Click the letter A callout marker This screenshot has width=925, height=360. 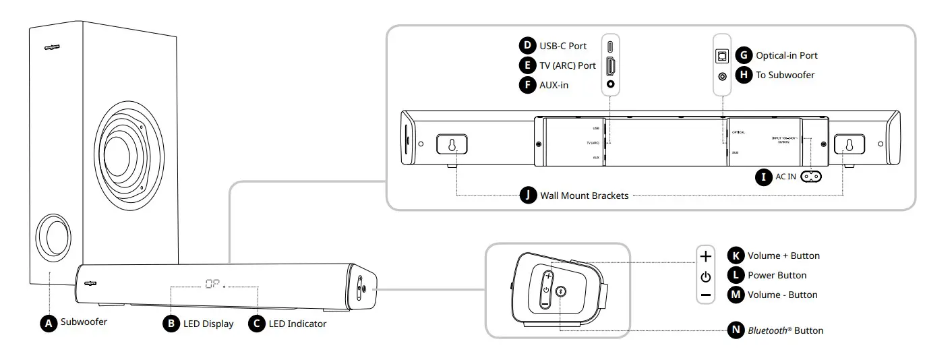click(x=48, y=323)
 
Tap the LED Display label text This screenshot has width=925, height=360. click(x=208, y=324)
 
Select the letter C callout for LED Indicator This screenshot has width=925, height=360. click(x=256, y=324)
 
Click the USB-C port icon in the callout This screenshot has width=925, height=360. click(x=611, y=47)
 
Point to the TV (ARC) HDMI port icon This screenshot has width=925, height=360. click(x=611, y=66)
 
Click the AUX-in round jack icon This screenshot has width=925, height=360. click(x=611, y=85)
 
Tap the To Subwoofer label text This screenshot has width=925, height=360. click(x=785, y=75)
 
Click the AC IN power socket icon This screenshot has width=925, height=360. click(x=812, y=177)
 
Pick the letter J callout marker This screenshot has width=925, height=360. click(x=528, y=196)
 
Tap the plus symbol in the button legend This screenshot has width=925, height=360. click(x=705, y=256)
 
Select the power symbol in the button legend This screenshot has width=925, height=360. click(x=705, y=276)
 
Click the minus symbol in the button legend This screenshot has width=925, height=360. click(x=705, y=295)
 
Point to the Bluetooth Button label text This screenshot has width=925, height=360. click(x=785, y=330)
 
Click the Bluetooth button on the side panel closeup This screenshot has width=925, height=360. click(x=561, y=291)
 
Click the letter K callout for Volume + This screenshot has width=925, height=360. click(x=736, y=256)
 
